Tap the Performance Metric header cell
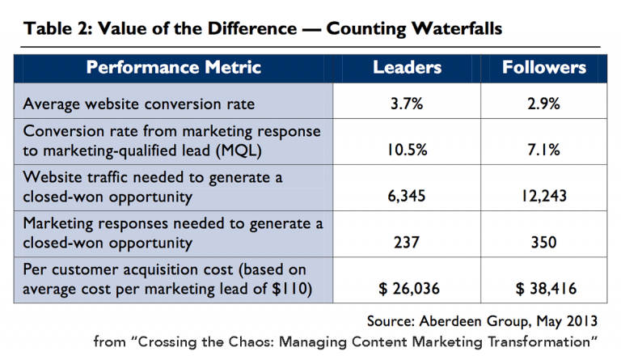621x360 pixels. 174,67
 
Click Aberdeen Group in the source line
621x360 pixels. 470,318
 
